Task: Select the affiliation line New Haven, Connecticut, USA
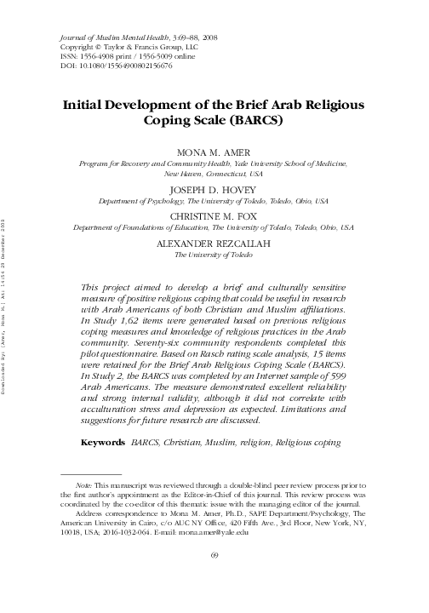213,170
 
